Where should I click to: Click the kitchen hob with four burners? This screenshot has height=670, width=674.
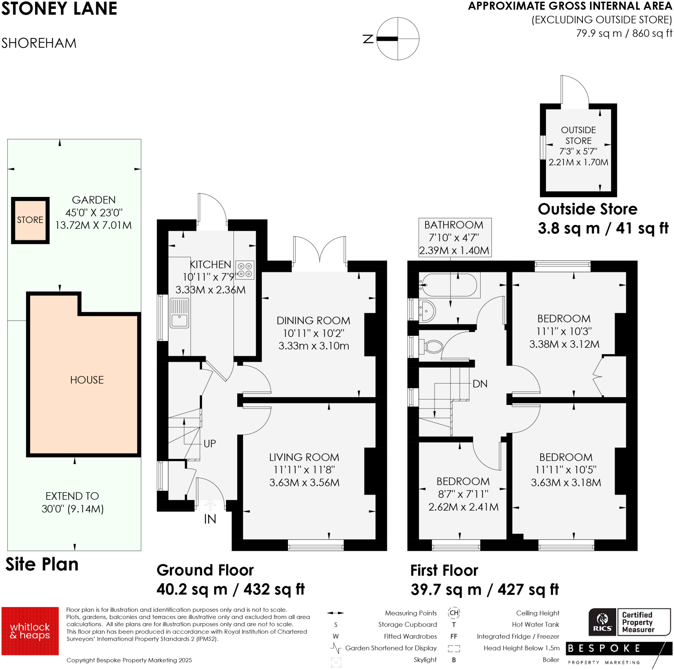coord(245,270)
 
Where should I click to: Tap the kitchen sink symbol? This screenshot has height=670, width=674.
coord(179,313)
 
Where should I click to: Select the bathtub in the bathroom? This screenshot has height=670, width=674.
coord(449,284)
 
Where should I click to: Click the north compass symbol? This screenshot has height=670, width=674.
coord(397,39)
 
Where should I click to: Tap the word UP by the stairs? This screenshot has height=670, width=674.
coord(210,444)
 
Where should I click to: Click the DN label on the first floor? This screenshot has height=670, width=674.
coord(480,384)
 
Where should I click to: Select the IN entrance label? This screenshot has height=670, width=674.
coord(210,519)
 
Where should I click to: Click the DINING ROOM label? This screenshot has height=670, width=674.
coord(313,321)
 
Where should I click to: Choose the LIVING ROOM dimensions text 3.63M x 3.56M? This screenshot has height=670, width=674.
coord(304,483)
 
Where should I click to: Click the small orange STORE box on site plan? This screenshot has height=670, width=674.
coord(30,220)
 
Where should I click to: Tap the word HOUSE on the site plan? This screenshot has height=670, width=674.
coord(87,380)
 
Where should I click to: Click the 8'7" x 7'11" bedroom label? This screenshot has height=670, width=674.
coord(463,494)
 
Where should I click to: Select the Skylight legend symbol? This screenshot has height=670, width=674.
coord(336,662)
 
